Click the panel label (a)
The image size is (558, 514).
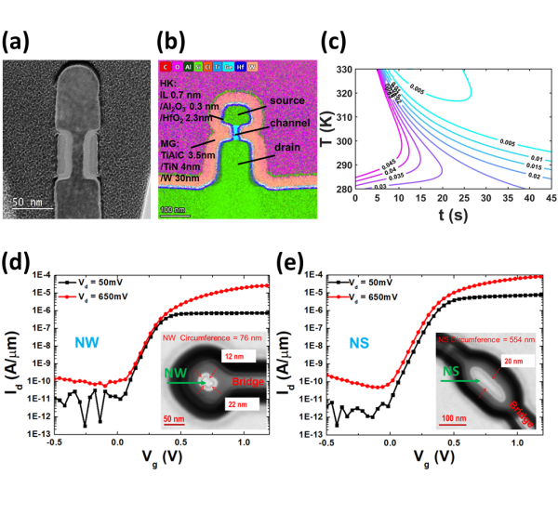pyautogui.click(x=20, y=42)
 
